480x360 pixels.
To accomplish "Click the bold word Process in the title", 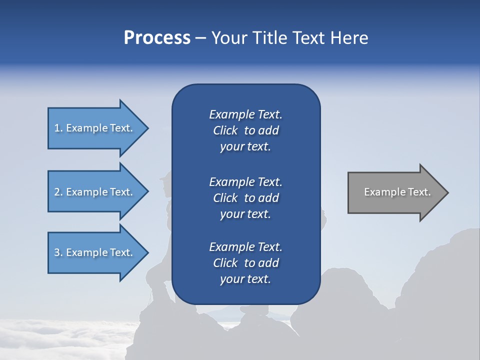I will pos(157,38).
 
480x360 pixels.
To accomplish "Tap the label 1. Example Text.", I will pos(93,128).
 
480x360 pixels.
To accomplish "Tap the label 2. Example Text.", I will pos(93,192).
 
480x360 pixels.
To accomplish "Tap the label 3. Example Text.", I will pos(93,252).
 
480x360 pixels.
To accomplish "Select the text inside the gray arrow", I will pos(397,192).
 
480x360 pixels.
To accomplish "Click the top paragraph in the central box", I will pos(245,130).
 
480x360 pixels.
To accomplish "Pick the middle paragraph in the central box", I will pos(245,198).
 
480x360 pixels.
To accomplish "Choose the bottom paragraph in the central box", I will pos(245,263).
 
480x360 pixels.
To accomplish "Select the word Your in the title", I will pos(227,38).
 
